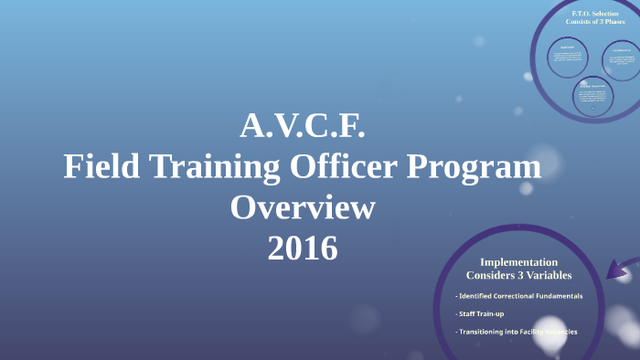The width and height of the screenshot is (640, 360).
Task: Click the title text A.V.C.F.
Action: pos(303,126)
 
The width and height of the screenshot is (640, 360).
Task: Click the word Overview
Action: pos(303,207)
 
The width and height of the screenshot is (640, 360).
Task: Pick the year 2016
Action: pos(303,248)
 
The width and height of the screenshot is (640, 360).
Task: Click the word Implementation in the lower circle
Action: pos(518,261)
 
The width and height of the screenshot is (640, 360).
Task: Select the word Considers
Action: pos(495,275)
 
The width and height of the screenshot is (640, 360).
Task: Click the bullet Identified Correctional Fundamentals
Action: pos(518,296)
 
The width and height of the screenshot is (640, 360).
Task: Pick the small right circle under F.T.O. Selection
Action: pos(621,62)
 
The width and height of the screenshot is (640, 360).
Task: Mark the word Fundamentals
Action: pos(559,296)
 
